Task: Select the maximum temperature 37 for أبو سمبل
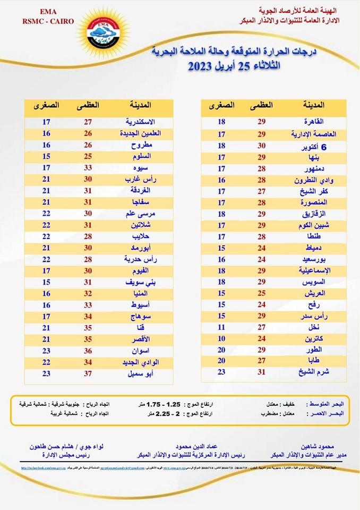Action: coord(88,373)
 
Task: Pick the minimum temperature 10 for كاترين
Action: coord(221,338)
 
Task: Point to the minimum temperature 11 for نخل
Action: coord(221,327)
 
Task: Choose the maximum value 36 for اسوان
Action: coord(88,351)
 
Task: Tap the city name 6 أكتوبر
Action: coord(316,146)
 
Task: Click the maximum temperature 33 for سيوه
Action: coord(88,168)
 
